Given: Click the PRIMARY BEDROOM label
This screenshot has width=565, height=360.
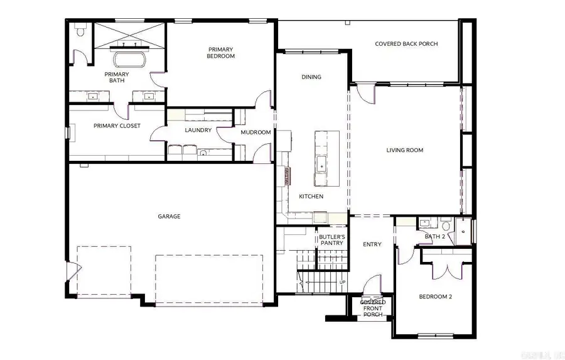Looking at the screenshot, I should click(x=220, y=53).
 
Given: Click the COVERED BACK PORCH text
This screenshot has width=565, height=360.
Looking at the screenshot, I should click(x=406, y=44).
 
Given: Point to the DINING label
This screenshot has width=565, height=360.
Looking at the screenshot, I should click(x=311, y=77).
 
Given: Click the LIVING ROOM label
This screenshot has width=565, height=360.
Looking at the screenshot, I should click(x=404, y=150).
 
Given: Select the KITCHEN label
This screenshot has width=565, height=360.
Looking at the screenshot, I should click(x=311, y=197).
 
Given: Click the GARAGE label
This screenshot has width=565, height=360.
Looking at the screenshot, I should click(x=169, y=216).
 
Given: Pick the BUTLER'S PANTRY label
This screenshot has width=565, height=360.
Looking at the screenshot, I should click(x=331, y=240).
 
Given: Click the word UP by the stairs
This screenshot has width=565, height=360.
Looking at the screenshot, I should click(x=342, y=282).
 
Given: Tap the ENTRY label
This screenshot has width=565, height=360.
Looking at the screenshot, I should click(x=372, y=244).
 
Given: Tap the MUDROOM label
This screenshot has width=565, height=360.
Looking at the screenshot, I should click(x=256, y=133).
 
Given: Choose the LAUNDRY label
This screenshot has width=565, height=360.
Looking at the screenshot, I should click(x=198, y=131).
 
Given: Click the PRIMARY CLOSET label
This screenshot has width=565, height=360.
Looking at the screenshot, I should click(x=117, y=126).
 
